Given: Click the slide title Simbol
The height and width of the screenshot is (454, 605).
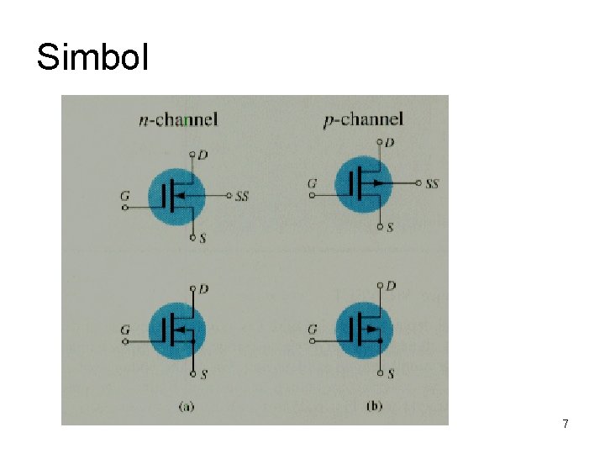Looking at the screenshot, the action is [92, 57].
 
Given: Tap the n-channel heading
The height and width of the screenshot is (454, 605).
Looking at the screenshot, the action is [177, 119].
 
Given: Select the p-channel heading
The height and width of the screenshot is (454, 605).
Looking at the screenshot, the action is [363, 120].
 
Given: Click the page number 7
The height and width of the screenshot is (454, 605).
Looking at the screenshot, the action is [566, 425].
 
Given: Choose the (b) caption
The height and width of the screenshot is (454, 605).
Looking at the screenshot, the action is [375, 406].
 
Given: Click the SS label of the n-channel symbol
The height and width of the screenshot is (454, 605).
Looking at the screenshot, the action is [242, 196].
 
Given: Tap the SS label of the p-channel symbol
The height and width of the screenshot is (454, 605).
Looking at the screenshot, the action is [432, 183].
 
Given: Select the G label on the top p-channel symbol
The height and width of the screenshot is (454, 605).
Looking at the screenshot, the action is [312, 183].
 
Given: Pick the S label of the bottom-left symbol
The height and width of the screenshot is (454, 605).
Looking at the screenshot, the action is [204, 373].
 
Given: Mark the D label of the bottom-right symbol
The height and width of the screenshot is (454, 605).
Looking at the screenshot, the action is [391, 286].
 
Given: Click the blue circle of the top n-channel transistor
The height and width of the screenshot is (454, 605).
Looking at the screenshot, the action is [176, 195].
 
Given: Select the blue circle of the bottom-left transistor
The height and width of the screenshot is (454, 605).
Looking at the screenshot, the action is [176, 330].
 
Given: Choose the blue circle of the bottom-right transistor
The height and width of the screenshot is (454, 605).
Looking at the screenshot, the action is [363, 330].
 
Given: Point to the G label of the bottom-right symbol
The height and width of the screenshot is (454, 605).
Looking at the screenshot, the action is [312, 330].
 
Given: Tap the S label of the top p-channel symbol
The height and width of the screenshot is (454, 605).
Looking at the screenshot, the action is [390, 227].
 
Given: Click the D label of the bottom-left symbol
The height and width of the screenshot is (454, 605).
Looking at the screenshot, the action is [203, 288].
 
